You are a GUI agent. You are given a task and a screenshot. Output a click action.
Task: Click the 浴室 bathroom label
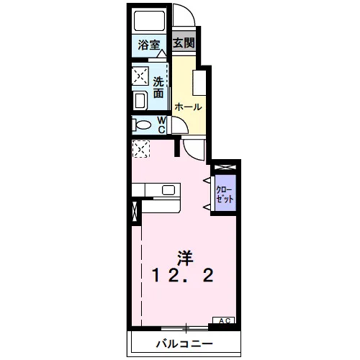click(149, 45)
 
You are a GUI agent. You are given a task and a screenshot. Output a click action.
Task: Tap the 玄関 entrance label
click(184, 43)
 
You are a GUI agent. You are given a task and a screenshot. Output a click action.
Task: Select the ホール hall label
click(188, 107)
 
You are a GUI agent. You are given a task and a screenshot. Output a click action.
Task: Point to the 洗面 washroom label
click(158, 87)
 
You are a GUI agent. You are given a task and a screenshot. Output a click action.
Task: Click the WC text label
click(161, 125)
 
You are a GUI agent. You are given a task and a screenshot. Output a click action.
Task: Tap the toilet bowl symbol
click(142, 125)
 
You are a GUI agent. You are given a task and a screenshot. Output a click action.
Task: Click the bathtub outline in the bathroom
click(149, 21)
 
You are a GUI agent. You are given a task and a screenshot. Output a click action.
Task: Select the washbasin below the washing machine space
click(140, 101)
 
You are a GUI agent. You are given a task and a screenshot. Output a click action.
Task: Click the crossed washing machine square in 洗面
click(140, 76)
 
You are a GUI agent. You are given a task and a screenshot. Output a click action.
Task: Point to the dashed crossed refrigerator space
click(141, 149)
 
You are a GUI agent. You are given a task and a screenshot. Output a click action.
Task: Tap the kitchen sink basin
click(168, 190)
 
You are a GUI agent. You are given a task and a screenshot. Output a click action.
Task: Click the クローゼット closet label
click(225, 194)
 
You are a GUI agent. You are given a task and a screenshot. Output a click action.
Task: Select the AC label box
click(224, 320)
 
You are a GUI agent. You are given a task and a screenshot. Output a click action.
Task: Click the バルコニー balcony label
click(184, 344)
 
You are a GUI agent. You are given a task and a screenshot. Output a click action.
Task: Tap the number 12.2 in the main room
click(183, 275)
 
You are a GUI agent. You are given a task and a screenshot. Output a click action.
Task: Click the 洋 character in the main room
click(185, 258)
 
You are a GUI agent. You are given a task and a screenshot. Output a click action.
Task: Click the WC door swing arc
click(183, 121)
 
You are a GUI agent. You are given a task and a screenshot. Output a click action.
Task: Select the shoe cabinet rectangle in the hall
click(199, 83)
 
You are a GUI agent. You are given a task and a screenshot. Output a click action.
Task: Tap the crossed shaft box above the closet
click(225, 167)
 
